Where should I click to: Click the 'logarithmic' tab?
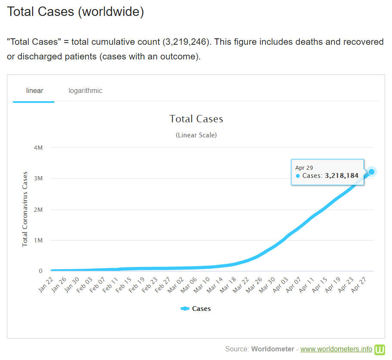pos(85,91)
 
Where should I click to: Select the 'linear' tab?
pos(34,91)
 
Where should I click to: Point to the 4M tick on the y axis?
pos(38,148)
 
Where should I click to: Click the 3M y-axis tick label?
pos(38,179)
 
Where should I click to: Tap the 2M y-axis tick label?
pos(38,210)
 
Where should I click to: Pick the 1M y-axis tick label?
pos(38,240)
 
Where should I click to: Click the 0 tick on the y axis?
pos(40,271)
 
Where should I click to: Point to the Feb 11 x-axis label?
pos(109,285)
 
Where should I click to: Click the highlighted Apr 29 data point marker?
pos(372,172)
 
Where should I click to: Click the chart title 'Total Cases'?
pos(196,119)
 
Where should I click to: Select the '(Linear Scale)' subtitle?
pos(196,135)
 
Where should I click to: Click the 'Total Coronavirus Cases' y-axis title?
pos(25,209)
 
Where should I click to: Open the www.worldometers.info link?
pos(336,349)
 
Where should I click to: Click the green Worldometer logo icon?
pos(380,349)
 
